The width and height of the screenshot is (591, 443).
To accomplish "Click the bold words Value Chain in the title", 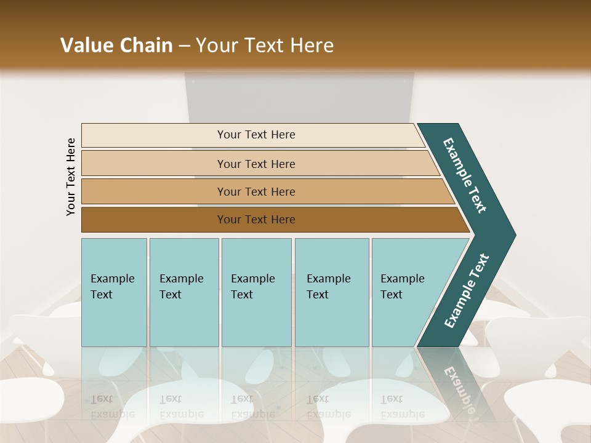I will pyautogui.click(x=116, y=46).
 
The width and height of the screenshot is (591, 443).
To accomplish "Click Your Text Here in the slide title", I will pyautogui.click(x=265, y=46).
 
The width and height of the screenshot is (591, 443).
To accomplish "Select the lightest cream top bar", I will pyautogui.click(x=154, y=135).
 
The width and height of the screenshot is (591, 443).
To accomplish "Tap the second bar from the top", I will pyautogui.click(x=154, y=164).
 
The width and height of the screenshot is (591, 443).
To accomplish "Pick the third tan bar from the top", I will pyautogui.click(x=154, y=191).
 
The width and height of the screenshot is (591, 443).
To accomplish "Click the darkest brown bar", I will pyautogui.click(x=154, y=220).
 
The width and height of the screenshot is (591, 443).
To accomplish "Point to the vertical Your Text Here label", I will pyautogui.click(x=71, y=177).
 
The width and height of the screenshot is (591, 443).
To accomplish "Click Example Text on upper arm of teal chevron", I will pyautogui.click(x=465, y=175).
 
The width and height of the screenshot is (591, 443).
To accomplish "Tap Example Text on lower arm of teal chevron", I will pyautogui.click(x=466, y=291).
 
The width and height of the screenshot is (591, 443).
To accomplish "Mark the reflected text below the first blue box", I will pyautogui.click(x=113, y=407).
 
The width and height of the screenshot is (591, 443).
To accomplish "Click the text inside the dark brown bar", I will pyautogui.click(x=256, y=220).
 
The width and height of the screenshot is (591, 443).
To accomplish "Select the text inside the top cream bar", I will pyautogui.click(x=256, y=135).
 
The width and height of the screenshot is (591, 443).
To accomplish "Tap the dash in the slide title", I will pyautogui.click(x=184, y=46).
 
